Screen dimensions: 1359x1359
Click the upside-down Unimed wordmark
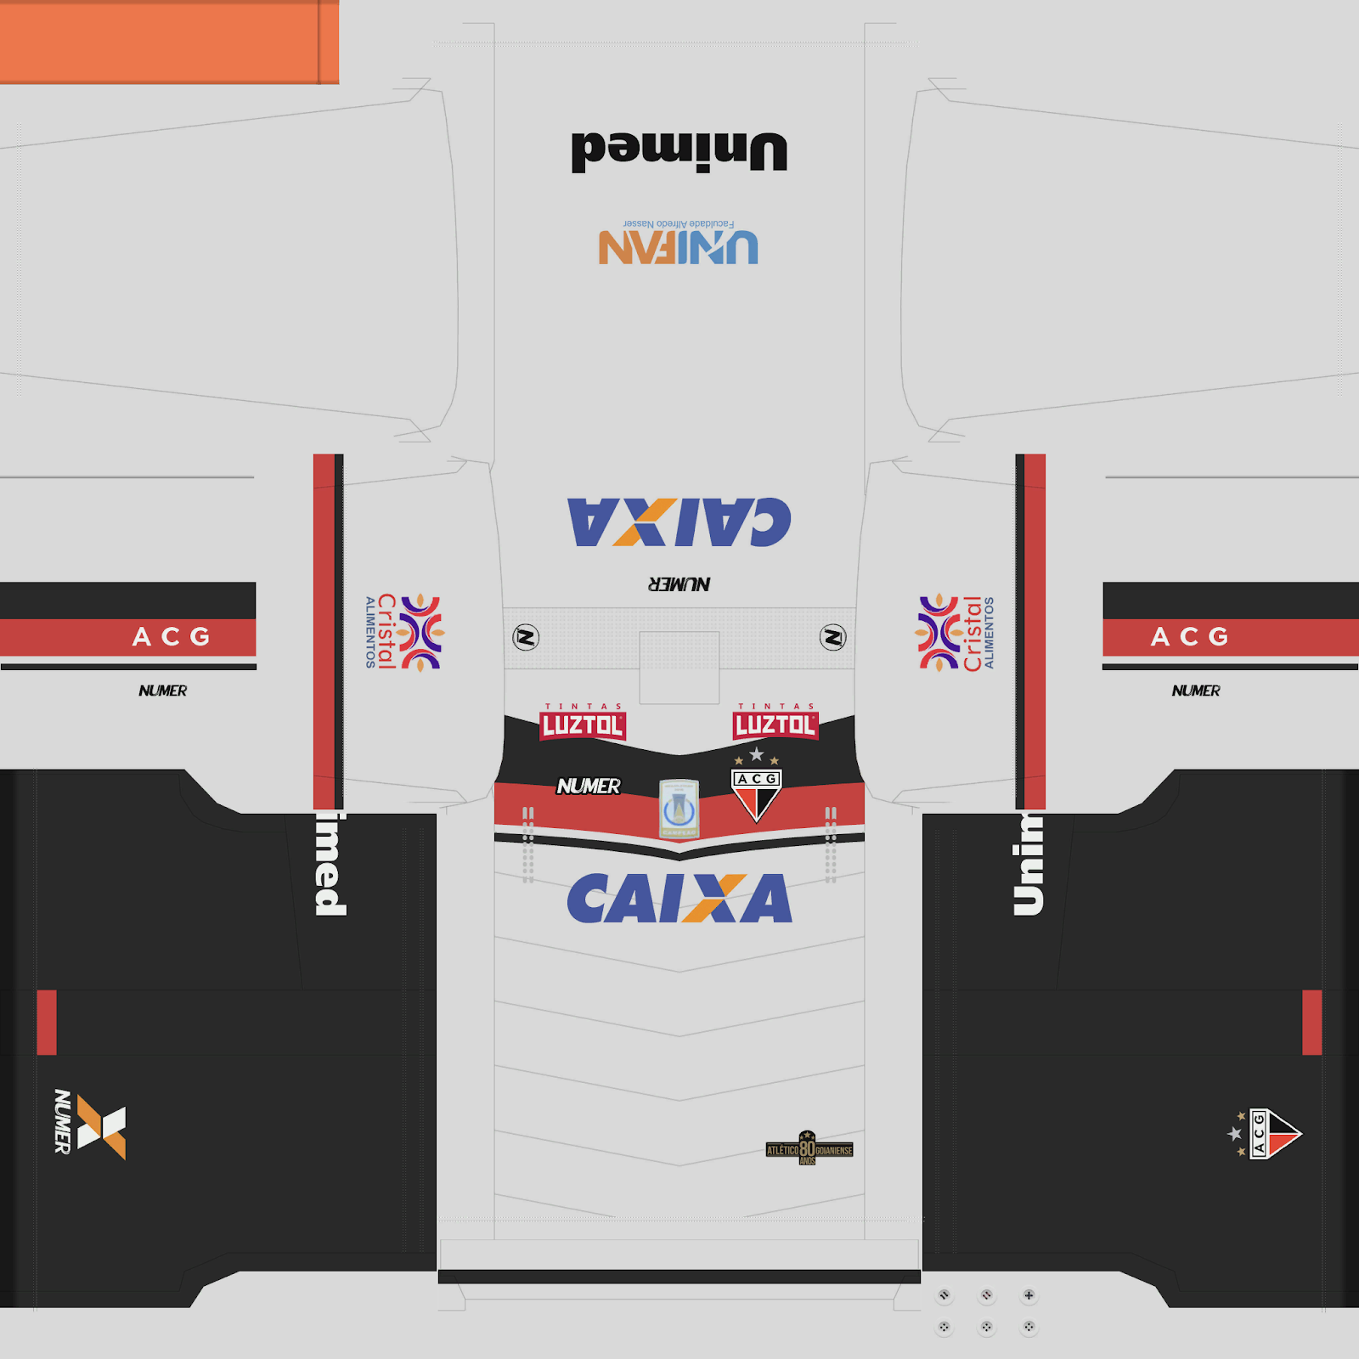tap(679, 152)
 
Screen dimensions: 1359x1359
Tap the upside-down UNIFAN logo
tap(678, 245)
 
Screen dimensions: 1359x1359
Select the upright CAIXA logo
tap(679, 898)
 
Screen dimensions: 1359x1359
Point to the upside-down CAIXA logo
tap(679, 522)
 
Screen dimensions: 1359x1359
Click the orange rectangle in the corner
tap(168, 42)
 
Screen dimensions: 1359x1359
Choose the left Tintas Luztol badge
tap(583, 723)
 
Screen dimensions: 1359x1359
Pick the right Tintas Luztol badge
tap(775, 723)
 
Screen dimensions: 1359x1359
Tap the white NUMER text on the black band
tap(589, 787)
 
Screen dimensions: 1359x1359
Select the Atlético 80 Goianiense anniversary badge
tap(809, 1149)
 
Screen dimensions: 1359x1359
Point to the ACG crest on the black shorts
tap(1270, 1134)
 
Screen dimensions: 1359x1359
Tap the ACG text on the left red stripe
tap(172, 637)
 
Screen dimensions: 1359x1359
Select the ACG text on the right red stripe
tap(1189, 637)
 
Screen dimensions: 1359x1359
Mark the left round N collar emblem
tap(526, 637)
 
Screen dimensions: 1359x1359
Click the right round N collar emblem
tap(832, 637)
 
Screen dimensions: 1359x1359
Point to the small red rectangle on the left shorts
tap(47, 1022)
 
